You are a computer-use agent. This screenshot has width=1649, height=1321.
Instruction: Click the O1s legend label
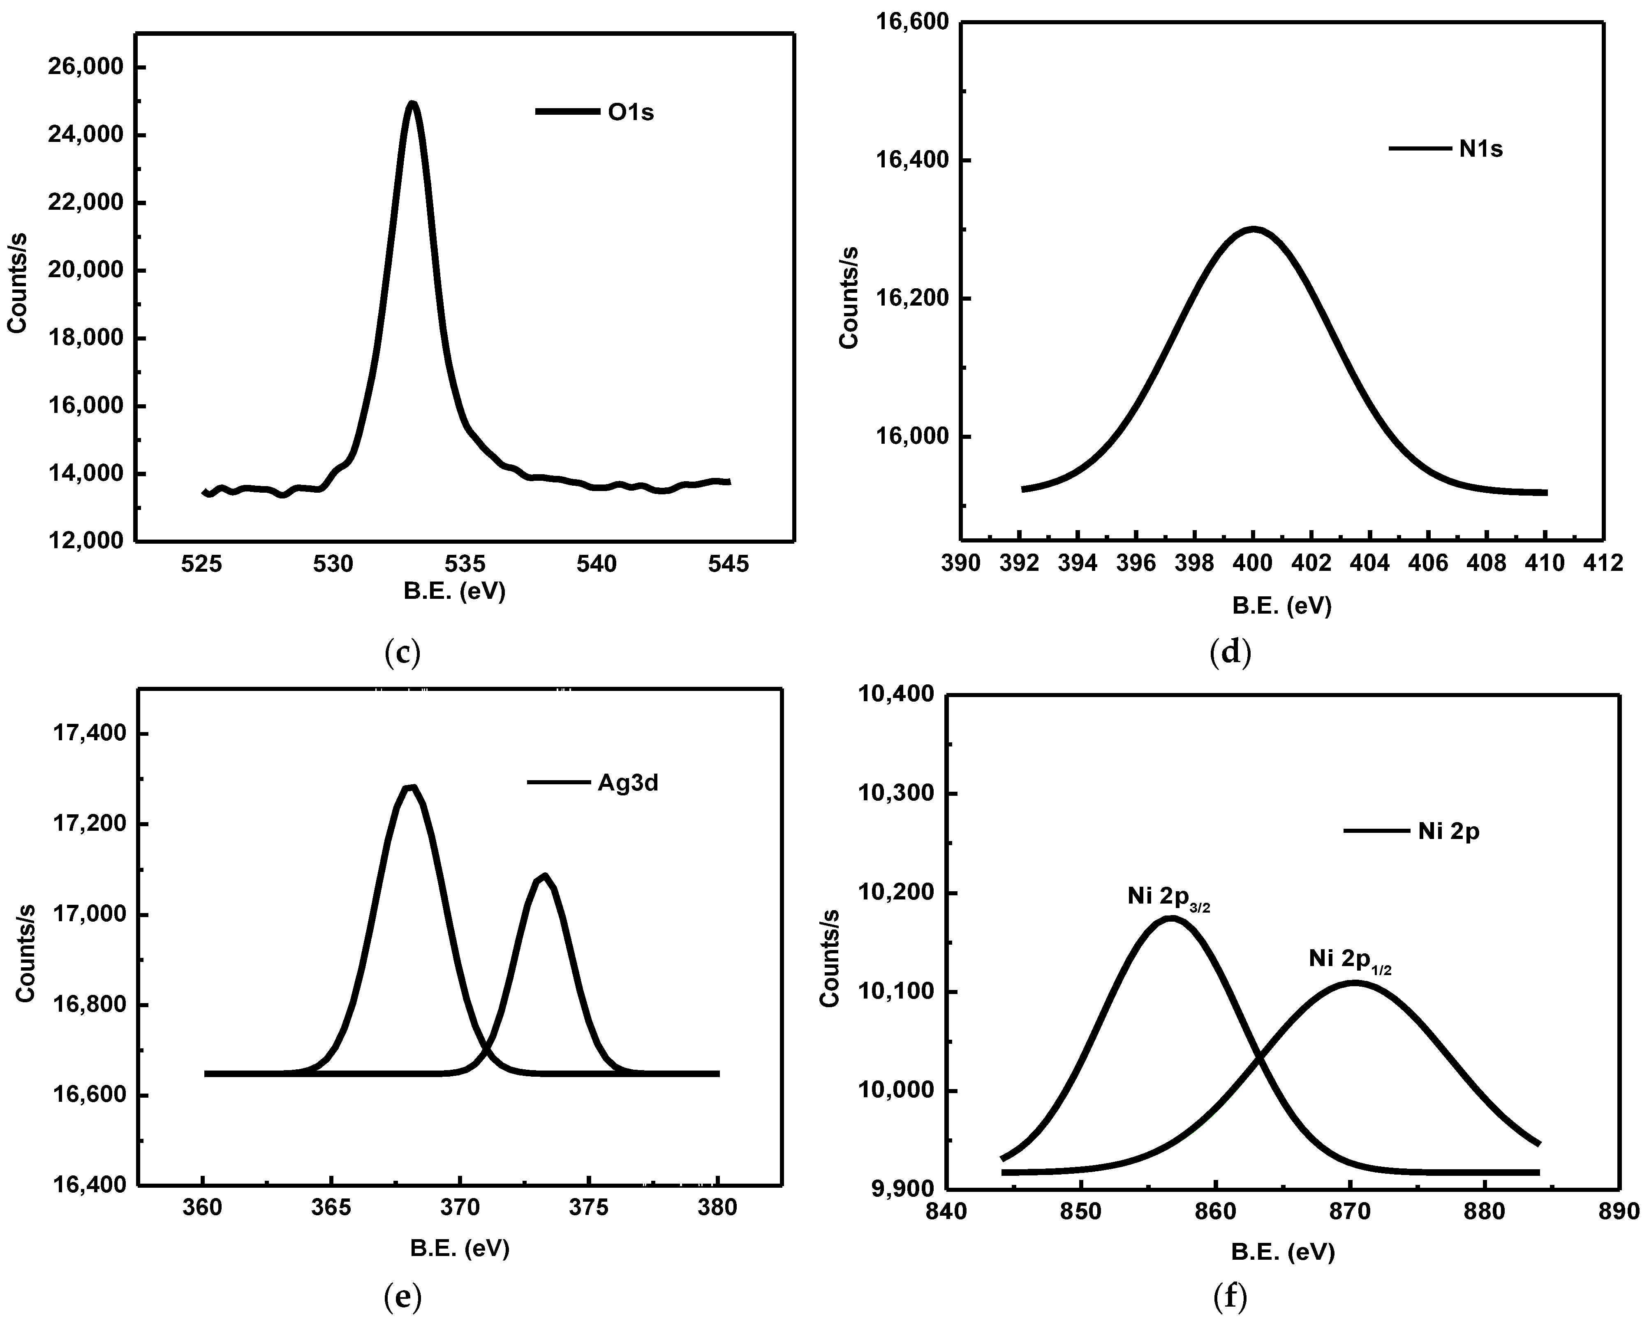tap(631, 112)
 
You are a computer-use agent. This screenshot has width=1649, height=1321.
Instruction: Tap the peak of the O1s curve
tap(412, 104)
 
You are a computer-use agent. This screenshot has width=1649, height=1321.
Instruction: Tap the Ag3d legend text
tap(627, 784)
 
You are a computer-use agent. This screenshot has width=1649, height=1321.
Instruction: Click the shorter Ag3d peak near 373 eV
tap(544, 876)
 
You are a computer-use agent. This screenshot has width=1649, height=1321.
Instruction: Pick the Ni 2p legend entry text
tap(1449, 832)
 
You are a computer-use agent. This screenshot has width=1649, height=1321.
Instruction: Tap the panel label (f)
tap(1230, 1296)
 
